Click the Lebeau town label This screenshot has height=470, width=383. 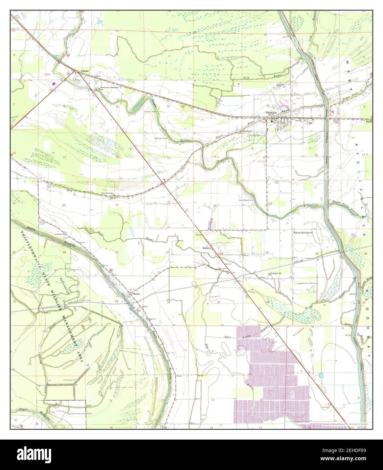(x=85, y=71)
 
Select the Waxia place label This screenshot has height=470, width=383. (x=136, y=294)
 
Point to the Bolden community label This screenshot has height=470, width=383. (x=206, y=248)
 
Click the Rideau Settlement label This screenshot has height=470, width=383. (x=303, y=233)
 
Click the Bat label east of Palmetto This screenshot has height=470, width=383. (x=310, y=123)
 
